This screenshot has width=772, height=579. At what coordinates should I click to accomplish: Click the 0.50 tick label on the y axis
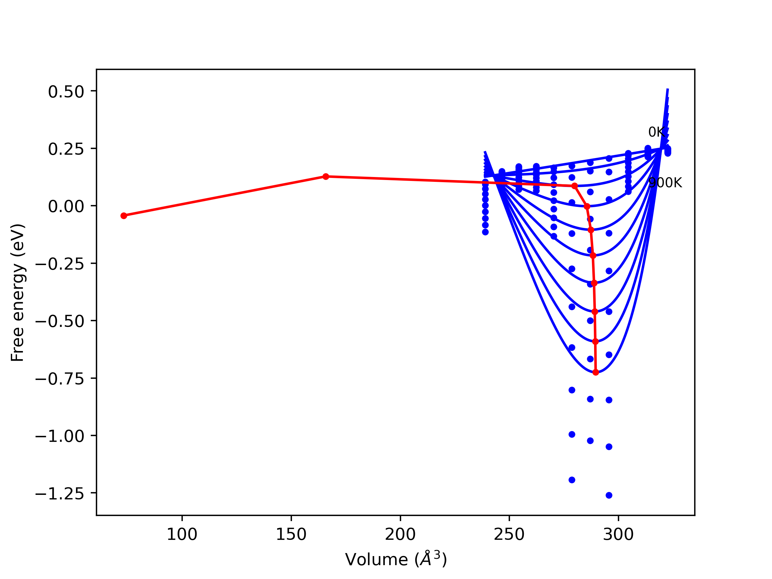66,92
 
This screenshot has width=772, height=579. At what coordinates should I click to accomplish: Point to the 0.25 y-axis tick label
66,149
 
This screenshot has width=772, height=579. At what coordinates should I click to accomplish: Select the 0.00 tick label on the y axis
66,207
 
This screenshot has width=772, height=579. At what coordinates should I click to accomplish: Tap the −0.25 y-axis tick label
60,264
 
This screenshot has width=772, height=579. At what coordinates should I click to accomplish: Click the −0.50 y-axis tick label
60,321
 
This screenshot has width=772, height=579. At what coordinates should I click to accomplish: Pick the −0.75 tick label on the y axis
60,379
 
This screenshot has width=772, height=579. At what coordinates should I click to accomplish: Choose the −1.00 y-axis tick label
60,436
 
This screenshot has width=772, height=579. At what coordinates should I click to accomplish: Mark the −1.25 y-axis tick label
60,494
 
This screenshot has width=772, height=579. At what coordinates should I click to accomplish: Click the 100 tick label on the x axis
182,535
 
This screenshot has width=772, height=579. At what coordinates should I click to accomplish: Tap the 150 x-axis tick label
291,535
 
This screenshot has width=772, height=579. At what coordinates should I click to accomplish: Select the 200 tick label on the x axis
400,535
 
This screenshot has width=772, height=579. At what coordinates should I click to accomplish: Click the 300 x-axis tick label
618,535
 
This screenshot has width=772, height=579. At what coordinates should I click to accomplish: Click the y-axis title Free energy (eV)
17,293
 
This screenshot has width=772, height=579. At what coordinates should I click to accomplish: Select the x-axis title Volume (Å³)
396,559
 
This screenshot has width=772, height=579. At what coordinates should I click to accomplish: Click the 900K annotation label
665,183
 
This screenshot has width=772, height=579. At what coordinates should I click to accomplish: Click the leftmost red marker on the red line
124,216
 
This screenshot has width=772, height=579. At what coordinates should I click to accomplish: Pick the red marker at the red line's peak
326,177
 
